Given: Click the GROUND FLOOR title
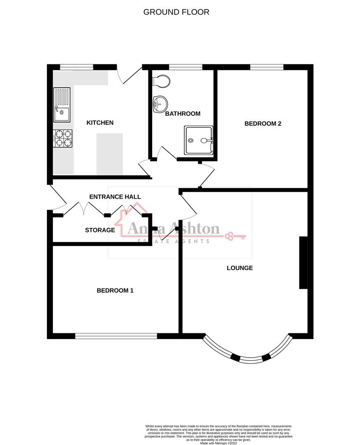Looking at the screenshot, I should coord(176,12).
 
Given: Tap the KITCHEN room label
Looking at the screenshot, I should coord(100,122).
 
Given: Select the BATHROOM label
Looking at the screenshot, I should coord(183,114).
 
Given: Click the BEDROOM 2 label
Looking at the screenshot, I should coord(263,123).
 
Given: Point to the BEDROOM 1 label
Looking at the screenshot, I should coord(115,290).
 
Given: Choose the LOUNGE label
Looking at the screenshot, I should coord(240,268).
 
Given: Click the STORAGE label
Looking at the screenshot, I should coord(100,230).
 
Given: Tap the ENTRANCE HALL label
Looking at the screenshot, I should coord(115,197).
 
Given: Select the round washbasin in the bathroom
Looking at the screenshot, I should coord(159,103).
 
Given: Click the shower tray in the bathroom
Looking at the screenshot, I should coord(198,141).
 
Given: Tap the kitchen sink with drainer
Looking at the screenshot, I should coord(62,105).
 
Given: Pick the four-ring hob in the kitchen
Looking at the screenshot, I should coord(62,138).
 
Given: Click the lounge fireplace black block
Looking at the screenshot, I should coord(303,263).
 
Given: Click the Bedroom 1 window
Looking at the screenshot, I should coord(116,336).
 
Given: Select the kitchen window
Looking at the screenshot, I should coord(77,67).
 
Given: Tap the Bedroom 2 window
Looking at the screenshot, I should coord(266,67).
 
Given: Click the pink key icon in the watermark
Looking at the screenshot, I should coord(235,237).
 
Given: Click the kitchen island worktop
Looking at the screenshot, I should coord(110,153).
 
